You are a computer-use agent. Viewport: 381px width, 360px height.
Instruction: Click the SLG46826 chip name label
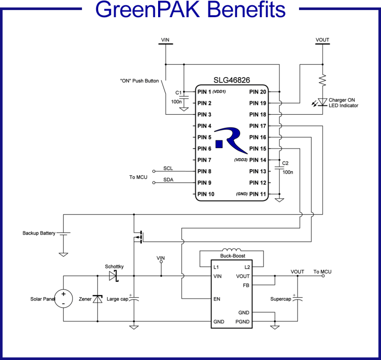point(231,81)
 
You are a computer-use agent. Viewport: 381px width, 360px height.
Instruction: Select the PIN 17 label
point(258,126)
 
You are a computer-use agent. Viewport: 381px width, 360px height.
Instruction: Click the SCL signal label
point(168,168)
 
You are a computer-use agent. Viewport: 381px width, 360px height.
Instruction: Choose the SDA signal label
point(168,180)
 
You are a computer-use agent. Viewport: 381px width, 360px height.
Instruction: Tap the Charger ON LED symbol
point(322,101)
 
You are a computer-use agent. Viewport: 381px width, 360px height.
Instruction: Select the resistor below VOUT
point(322,79)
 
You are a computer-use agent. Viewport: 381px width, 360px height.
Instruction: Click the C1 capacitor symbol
point(183,96)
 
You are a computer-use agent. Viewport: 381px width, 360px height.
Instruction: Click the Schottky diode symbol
point(113,276)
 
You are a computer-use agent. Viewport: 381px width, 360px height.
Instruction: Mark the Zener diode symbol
point(98,299)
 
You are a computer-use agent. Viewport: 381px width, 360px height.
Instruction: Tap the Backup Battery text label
point(39,233)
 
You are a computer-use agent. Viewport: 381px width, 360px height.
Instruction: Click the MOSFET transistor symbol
point(139,237)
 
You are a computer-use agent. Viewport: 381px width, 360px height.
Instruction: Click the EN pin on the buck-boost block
point(218,299)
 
